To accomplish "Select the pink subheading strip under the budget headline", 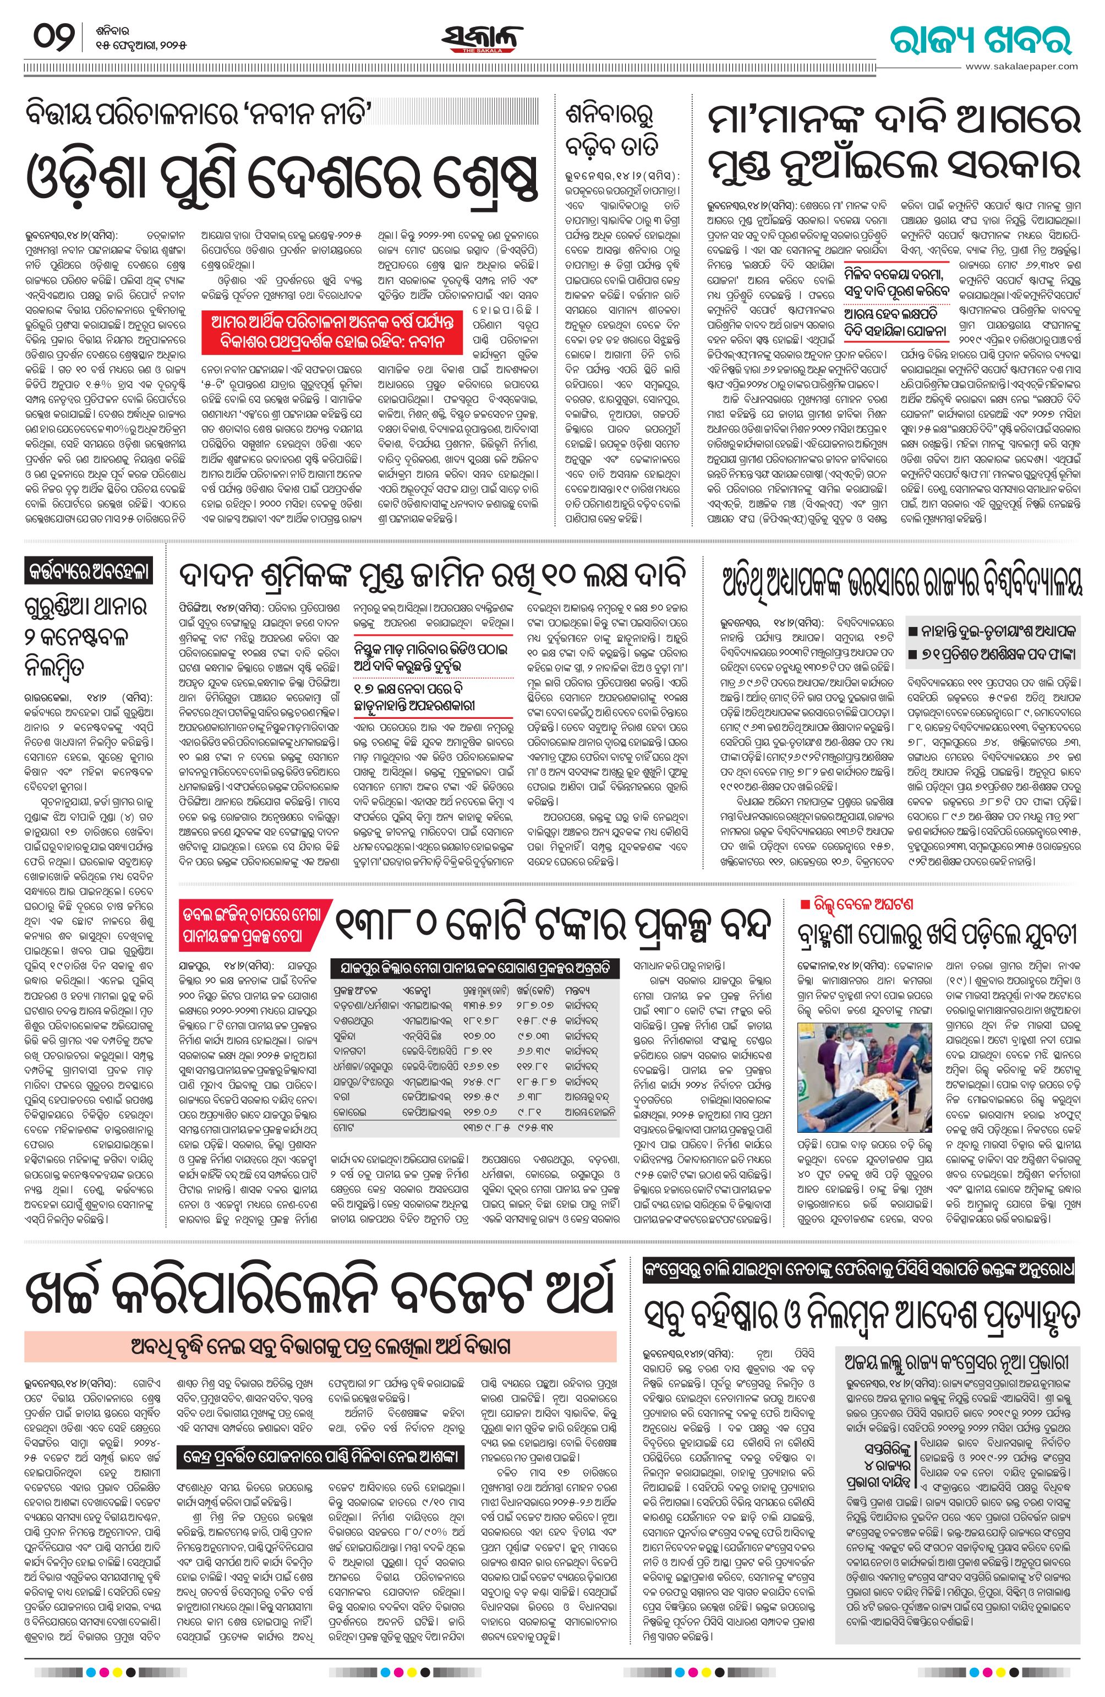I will (320, 1347).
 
